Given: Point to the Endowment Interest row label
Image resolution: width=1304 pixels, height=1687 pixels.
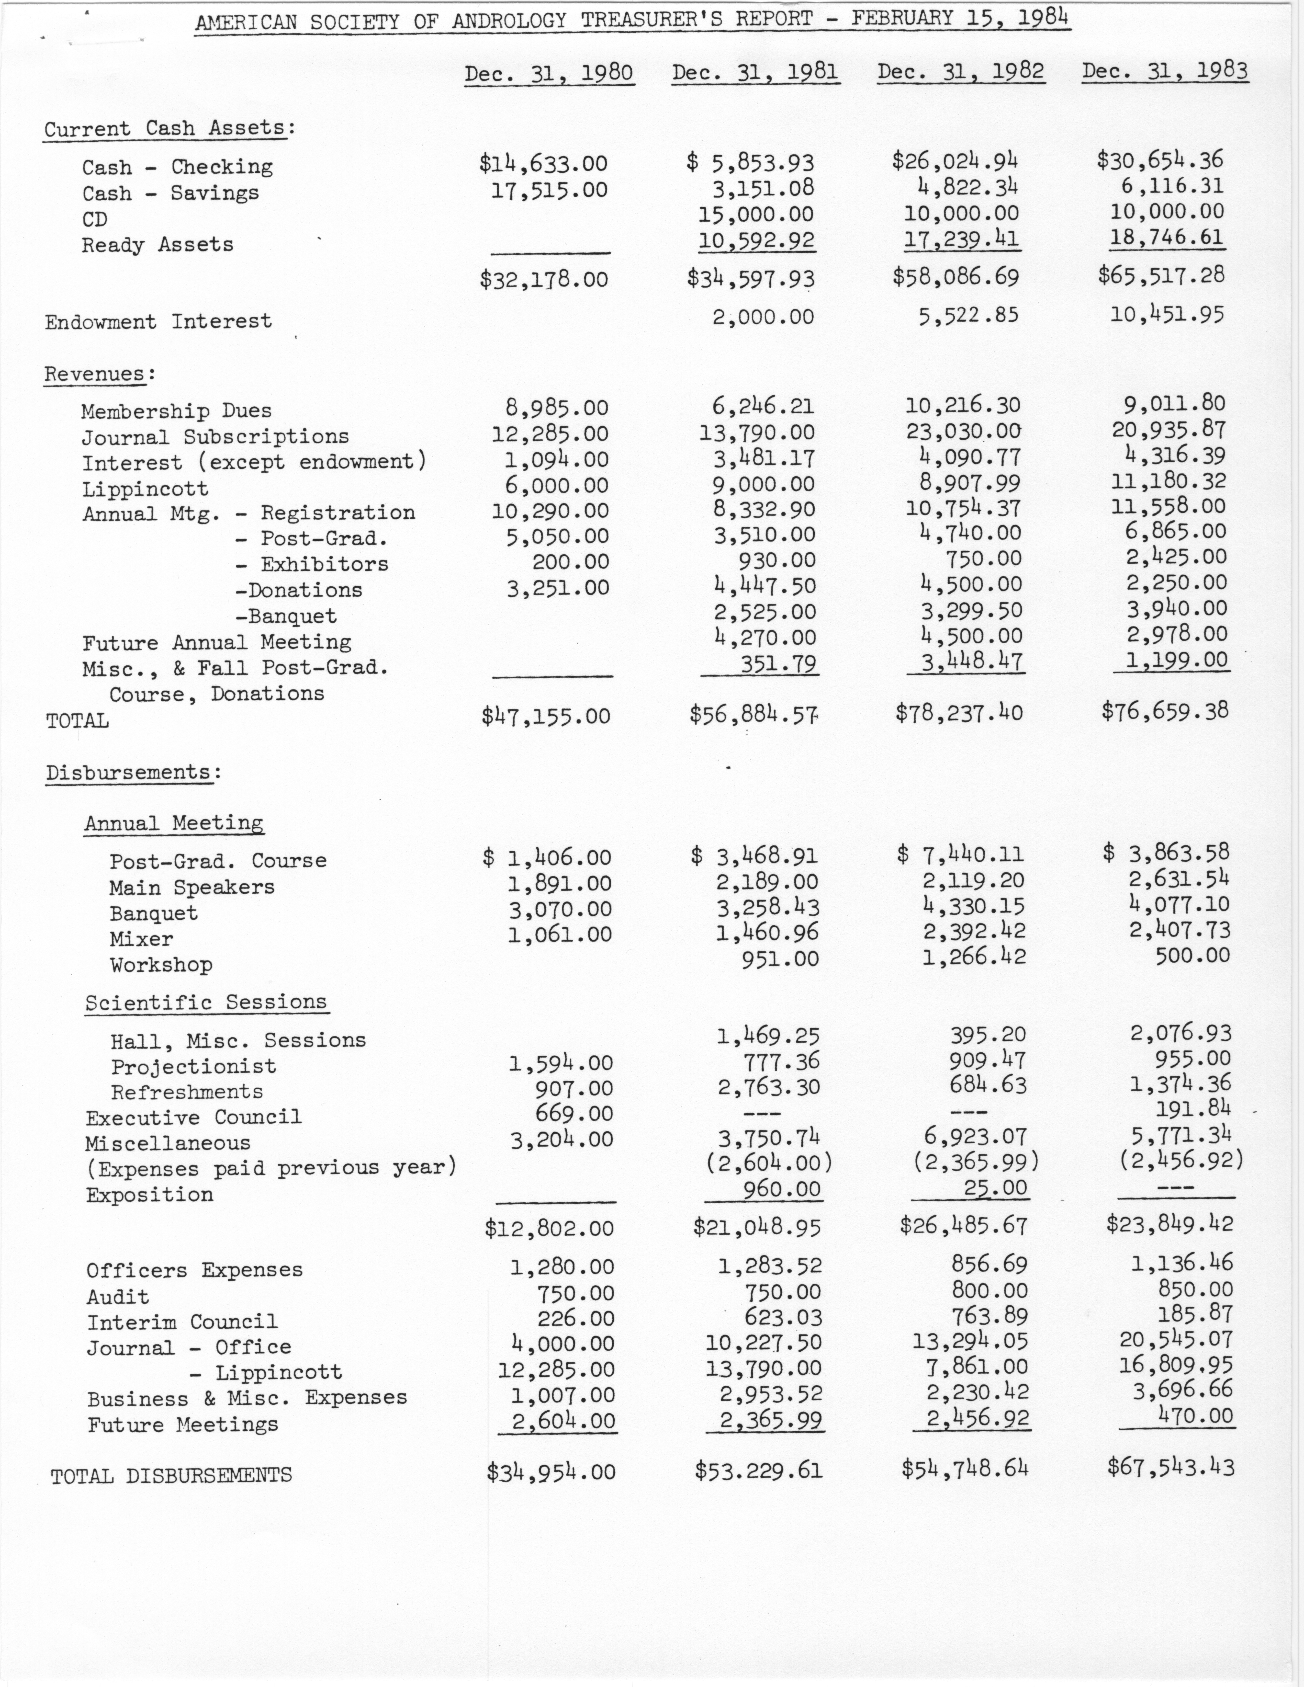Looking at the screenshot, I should coord(158,321).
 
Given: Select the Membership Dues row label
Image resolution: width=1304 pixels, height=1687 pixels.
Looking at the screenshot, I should coord(176,411).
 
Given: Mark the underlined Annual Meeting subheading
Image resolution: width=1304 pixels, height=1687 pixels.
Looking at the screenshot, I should coord(174,823).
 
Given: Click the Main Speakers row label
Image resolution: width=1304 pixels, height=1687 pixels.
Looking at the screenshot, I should coord(192,887).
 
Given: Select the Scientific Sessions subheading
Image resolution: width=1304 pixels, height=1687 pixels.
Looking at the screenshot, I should coord(206,1003).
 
